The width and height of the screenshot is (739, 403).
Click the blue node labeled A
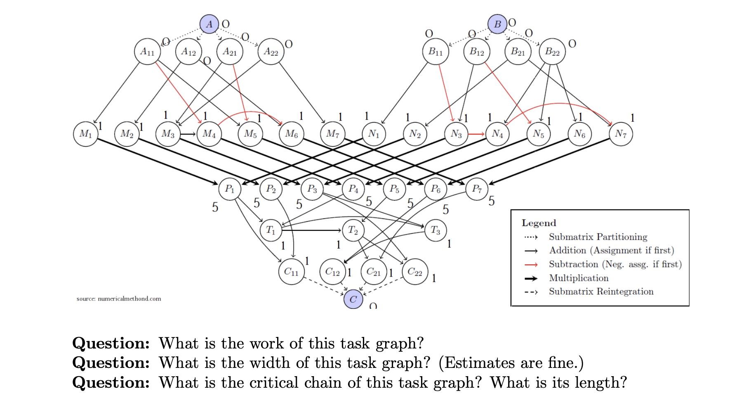[x=209, y=24]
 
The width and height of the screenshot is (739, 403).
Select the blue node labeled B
[x=497, y=24]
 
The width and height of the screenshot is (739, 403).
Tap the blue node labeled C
[x=353, y=299]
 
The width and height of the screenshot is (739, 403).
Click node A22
[x=271, y=52]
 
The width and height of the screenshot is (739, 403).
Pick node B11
[x=435, y=52]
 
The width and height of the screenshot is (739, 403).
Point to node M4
[x=209, y=134]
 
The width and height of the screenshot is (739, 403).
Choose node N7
[x=621, y=134]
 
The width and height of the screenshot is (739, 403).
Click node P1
[x=230, y=189]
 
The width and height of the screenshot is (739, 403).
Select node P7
[x=477, y=189]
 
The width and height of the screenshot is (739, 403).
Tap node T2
[x=353, y=230]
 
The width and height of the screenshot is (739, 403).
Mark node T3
[x=435, y=230]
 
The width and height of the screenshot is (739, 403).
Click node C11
[x=291, y=272]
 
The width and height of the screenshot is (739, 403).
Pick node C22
[x=415, y=272]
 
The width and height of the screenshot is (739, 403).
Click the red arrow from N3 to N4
[x=477, y=134]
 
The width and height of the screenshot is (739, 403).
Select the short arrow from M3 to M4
[x=188, y=134]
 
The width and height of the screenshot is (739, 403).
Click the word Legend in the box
[x=539, y=223]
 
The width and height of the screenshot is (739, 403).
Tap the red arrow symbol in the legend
[x=531, y=265]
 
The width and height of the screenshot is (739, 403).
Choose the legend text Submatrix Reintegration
[x=601, y=292]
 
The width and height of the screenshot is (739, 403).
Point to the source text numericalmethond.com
[x=129, y=299]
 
